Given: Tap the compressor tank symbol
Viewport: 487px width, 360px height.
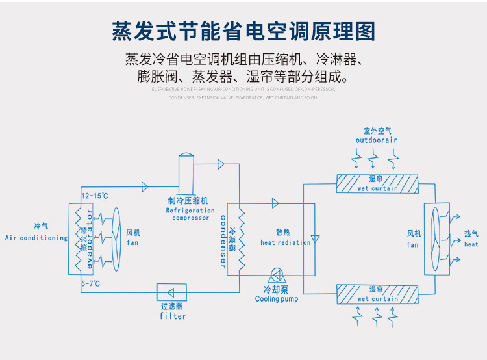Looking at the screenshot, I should click(186, 170).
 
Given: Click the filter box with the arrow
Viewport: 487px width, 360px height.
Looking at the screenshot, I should click(172, 292).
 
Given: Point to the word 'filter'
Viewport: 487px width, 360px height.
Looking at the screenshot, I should click(172, 316).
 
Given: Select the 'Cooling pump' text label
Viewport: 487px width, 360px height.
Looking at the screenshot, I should click(276, 299).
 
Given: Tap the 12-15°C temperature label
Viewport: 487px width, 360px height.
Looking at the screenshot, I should click(94, 195).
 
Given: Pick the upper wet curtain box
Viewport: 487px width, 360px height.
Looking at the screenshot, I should click(377, 183).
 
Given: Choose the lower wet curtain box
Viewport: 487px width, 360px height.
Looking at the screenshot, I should click(377, 293).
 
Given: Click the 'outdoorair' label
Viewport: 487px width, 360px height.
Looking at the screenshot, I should click(377, 140).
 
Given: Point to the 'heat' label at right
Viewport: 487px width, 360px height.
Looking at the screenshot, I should click(471, 244).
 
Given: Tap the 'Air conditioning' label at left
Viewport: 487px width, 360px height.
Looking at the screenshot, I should click(36, 238).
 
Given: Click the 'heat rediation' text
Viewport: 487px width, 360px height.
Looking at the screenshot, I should click(285, 242).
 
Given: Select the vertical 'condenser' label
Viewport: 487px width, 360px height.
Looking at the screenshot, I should click(223, 241).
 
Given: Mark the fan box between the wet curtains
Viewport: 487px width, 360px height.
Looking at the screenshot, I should click(436, 238).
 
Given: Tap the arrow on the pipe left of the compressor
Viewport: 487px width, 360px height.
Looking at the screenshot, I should click(145, 187).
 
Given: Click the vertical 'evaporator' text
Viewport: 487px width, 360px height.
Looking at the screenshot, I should click(90, 238).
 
